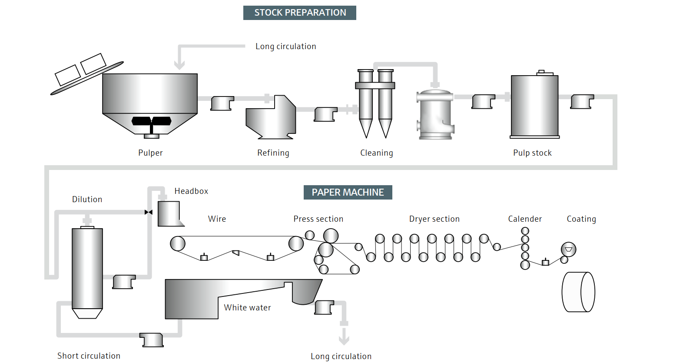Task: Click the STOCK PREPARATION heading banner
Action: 300,13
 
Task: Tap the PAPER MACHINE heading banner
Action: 348,192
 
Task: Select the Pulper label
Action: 150,153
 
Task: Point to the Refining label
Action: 273,153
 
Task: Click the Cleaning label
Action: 376,153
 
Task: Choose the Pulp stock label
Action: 532,153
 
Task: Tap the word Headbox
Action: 191,191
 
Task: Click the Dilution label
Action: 87,200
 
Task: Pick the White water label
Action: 247,308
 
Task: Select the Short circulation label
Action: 89,356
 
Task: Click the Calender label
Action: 525,219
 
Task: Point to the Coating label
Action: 581,219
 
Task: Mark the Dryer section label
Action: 434,219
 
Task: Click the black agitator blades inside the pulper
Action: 151,121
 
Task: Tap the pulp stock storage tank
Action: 534,106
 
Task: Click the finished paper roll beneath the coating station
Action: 578,292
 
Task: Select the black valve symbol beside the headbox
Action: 149,212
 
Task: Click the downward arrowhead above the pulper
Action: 179,65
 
